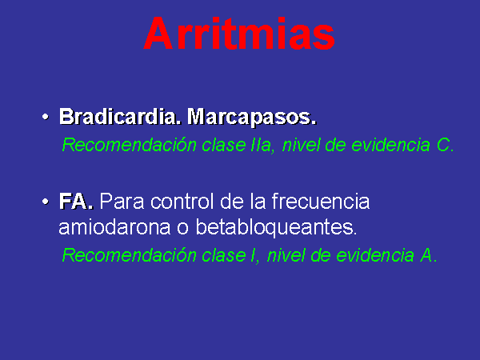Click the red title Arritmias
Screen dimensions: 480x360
pyautogui.click(x=239, y=34)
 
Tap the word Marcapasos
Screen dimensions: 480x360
pyautogui.click(x=251, y=118)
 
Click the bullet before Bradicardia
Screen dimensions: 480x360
pyautogui.click(x=46, y=117)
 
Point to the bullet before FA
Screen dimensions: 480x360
pyautogui.click(x=46, y=202)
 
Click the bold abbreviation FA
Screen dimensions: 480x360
pyautogui.click(x=76, y=202)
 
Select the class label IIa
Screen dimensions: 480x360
pyautogui.click(x=262, y=145)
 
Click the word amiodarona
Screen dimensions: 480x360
pyautogui.click(x=114, y=227)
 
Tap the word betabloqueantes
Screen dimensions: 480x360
pyautogui.click(x=276, y=227)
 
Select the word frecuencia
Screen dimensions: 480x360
pyautogui.click(x=321, y=201)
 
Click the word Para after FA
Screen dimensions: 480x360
pyautogui.click(x=122, y=202)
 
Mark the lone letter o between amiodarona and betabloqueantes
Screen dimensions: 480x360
pyautogui.click(x=182, y=228)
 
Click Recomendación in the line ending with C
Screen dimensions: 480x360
pyautogui.click(x=129, y=145)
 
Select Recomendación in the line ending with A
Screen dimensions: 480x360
pyautogui.click(x=129, y=254)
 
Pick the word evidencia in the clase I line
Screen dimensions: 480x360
pyautogui.click(x=375, y=255)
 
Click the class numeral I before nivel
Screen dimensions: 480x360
pyautogui.click(x=254, y=255)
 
